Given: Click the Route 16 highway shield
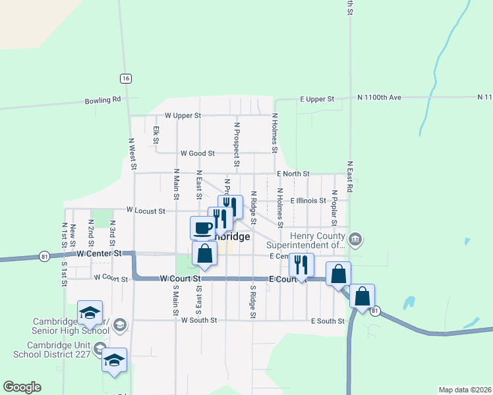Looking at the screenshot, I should [126, 78].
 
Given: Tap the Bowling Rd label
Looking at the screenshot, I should [103, 100].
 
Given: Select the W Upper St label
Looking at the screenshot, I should [183, 115].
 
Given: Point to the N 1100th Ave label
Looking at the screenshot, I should [380, 97].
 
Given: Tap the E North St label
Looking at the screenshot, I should [293, 174].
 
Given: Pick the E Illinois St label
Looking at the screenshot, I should [308, 200].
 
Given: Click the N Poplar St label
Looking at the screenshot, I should [335, 205].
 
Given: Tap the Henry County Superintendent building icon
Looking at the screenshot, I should [355, 238].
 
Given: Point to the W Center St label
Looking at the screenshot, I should [100, 253].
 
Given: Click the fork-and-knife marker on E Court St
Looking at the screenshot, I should [301, 265].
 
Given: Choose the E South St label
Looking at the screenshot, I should [328, 321].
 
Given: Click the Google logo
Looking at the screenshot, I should [22, 387].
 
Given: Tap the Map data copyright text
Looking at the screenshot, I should [465, 389].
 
